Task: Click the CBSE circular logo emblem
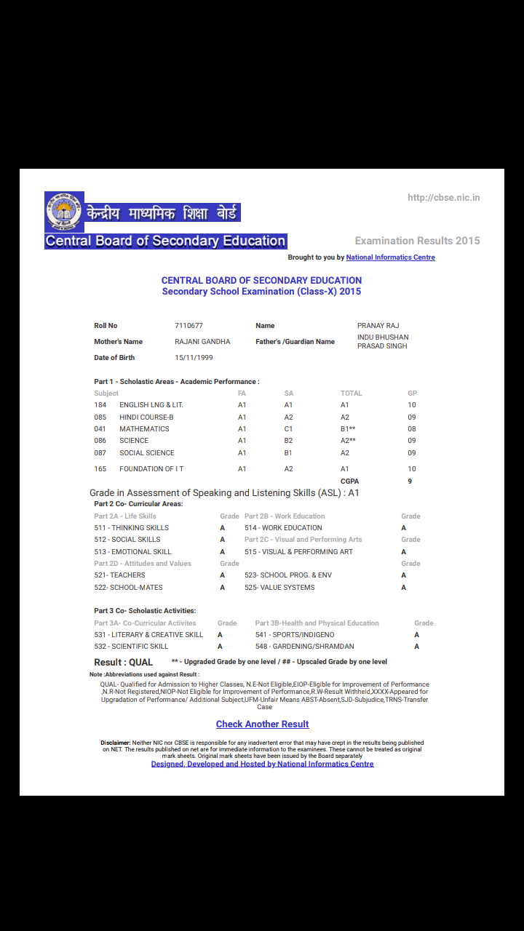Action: pos(64,212)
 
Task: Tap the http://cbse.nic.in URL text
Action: pos(444,198)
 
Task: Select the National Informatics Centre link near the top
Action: pos(390,257)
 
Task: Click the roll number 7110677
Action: pos(189,326)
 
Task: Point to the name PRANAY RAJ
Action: pos(378,326)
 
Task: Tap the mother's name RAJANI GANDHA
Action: pos(202,342)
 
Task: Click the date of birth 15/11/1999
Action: pos(194,358)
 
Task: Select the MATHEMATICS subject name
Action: pos(144,429)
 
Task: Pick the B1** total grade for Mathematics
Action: pos(348,429)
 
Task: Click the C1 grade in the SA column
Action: pos(288,429)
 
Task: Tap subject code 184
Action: pos(100,405)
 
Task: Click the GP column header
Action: pos(412,393)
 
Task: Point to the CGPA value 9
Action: pos(410,482)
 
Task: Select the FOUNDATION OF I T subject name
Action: pos(151,469)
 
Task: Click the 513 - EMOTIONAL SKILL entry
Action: pos(132,552)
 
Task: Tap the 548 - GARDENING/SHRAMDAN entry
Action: pos(304,647)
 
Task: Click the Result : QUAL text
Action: pos(124,663)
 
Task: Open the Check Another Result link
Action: pos(262,724)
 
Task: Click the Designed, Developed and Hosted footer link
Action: pos(262,764)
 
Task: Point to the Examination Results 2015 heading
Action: pos(417,241)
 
